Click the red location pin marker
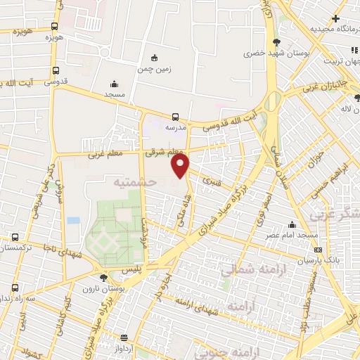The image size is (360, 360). [181, 166]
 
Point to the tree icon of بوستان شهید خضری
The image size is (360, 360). [276, 41]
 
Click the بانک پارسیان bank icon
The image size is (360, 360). [318, 250]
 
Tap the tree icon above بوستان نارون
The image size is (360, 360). [104, 278]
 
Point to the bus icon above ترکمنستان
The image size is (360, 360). [13, 237]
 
